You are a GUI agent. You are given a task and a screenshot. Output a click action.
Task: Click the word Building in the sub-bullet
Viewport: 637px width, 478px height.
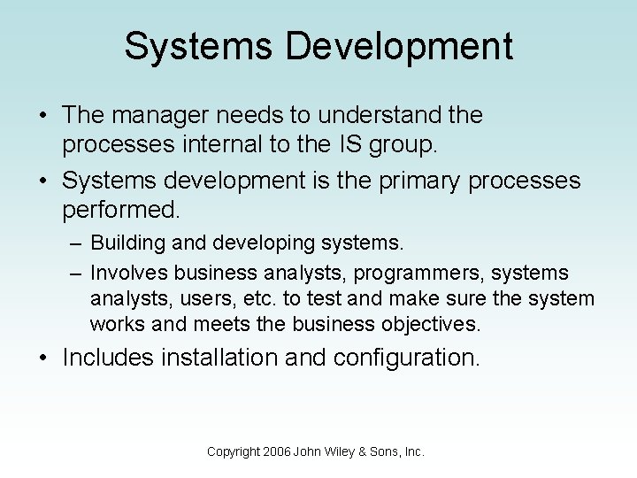coord(133,243)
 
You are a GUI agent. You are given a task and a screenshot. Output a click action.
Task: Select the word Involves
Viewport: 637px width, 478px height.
coord(129,273)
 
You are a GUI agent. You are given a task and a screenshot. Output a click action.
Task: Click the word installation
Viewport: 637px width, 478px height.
coord(231,358)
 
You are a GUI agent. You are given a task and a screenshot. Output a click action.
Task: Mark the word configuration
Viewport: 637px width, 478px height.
coord(407,358)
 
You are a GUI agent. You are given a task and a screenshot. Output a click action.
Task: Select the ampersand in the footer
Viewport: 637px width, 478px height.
coord(372,451)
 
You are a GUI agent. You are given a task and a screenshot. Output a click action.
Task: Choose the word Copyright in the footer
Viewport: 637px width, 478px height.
coord(234,451)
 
